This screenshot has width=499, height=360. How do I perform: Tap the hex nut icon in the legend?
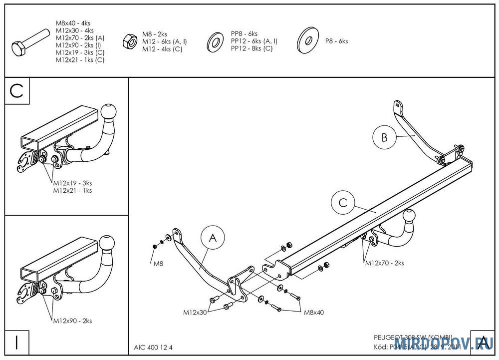pyautogui.click(x=130, y=41)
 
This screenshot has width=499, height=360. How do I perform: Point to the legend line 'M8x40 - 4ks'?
pyautogui.click(x=73, y=23)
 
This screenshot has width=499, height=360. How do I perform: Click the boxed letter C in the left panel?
pyautogui.click(x=17, y=91)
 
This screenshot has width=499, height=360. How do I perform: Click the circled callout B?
pyautogui.click(x=384, y=138)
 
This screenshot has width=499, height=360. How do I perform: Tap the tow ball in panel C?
pyautogui.click(x=109, y=111)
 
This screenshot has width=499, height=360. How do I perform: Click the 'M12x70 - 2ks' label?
pyautogui.click(x=384, y=263)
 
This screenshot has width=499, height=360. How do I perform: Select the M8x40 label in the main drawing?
pyautogui.click(x=314, y=313)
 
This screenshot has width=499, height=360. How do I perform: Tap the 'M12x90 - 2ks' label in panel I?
pyautogui.click(x=72, y=321)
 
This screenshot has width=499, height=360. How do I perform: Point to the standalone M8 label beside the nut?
pyautogui.click(x=157, y=263)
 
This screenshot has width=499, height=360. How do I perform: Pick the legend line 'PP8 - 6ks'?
pyautogui.click(x=244, y=34)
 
